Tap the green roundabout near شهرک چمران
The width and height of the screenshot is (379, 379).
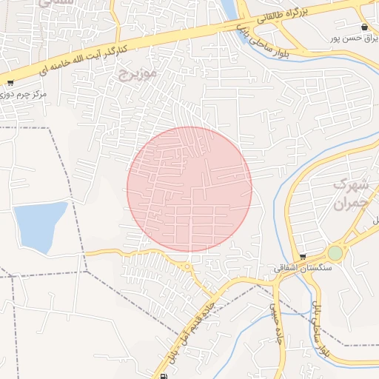pos(335,253)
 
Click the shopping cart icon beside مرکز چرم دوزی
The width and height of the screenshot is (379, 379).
pos(10,83)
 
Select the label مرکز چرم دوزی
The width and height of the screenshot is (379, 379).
pos(24,95)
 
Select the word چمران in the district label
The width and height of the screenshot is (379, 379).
pos(350,203)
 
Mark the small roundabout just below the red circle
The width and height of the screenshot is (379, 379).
pos(187,266)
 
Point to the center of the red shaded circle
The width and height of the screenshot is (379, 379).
pos(189,189)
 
